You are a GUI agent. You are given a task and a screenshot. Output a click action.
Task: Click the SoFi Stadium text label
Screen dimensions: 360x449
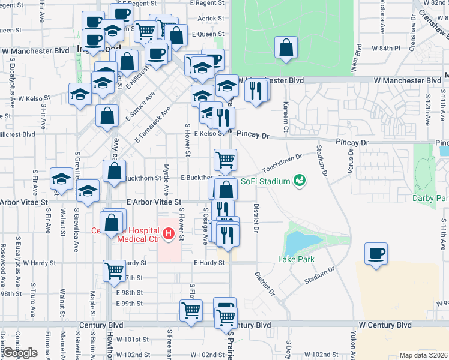(265, 181)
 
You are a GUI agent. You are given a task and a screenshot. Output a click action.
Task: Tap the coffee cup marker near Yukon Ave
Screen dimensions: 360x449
(376, 253)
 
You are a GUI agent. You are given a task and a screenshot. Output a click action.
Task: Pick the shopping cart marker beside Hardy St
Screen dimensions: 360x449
(114, 270)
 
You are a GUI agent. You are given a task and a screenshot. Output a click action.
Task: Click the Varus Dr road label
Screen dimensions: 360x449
(350, 163)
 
